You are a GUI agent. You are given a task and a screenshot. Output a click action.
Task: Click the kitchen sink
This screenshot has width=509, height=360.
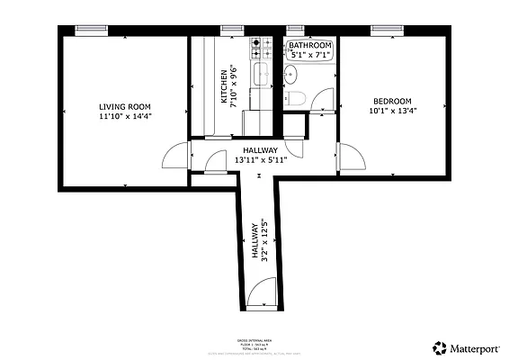[x=262, y=76]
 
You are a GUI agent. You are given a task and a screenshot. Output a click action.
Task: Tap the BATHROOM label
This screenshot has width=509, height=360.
[x=309, y=46]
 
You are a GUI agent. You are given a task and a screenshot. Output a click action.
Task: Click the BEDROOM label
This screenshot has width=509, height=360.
[x=392, y=101]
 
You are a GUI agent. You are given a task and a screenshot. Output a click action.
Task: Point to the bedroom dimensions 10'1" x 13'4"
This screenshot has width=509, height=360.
[x=392, y=111]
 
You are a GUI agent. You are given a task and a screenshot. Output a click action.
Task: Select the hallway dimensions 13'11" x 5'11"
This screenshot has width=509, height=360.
[x=256, y=159]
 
